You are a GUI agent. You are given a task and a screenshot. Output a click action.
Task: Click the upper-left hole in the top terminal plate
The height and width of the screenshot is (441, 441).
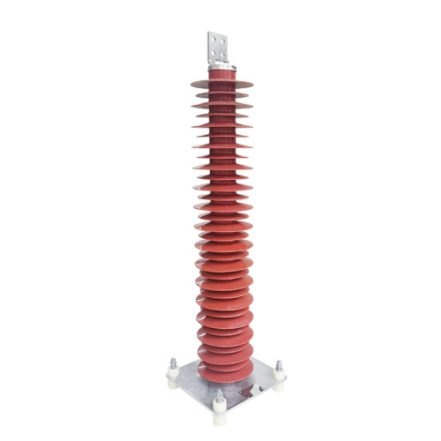(214, 39)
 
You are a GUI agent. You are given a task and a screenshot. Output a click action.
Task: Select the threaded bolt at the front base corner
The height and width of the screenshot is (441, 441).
(219, 394)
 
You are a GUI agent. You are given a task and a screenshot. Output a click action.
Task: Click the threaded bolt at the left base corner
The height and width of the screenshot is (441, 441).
(173, 361)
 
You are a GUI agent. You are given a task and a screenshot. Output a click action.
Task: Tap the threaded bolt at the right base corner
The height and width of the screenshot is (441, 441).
(280, 365)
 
